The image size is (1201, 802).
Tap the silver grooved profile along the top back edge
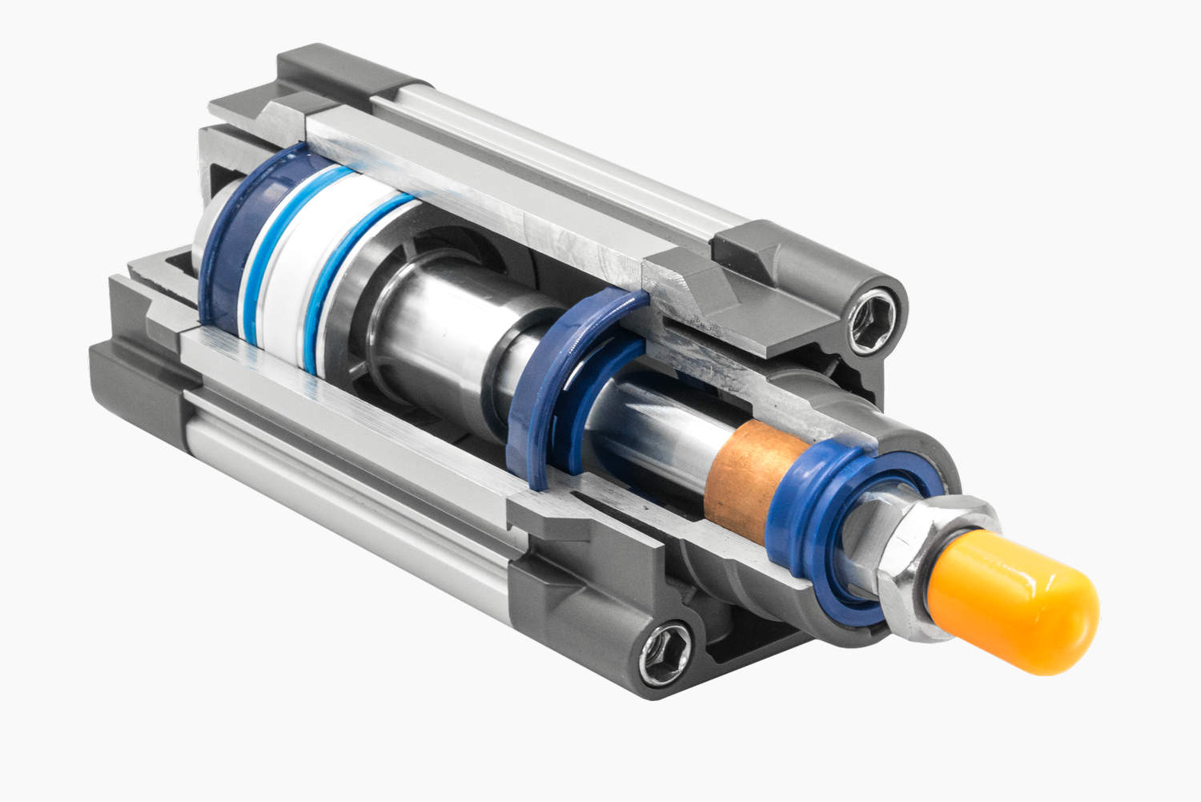(560, 160)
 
